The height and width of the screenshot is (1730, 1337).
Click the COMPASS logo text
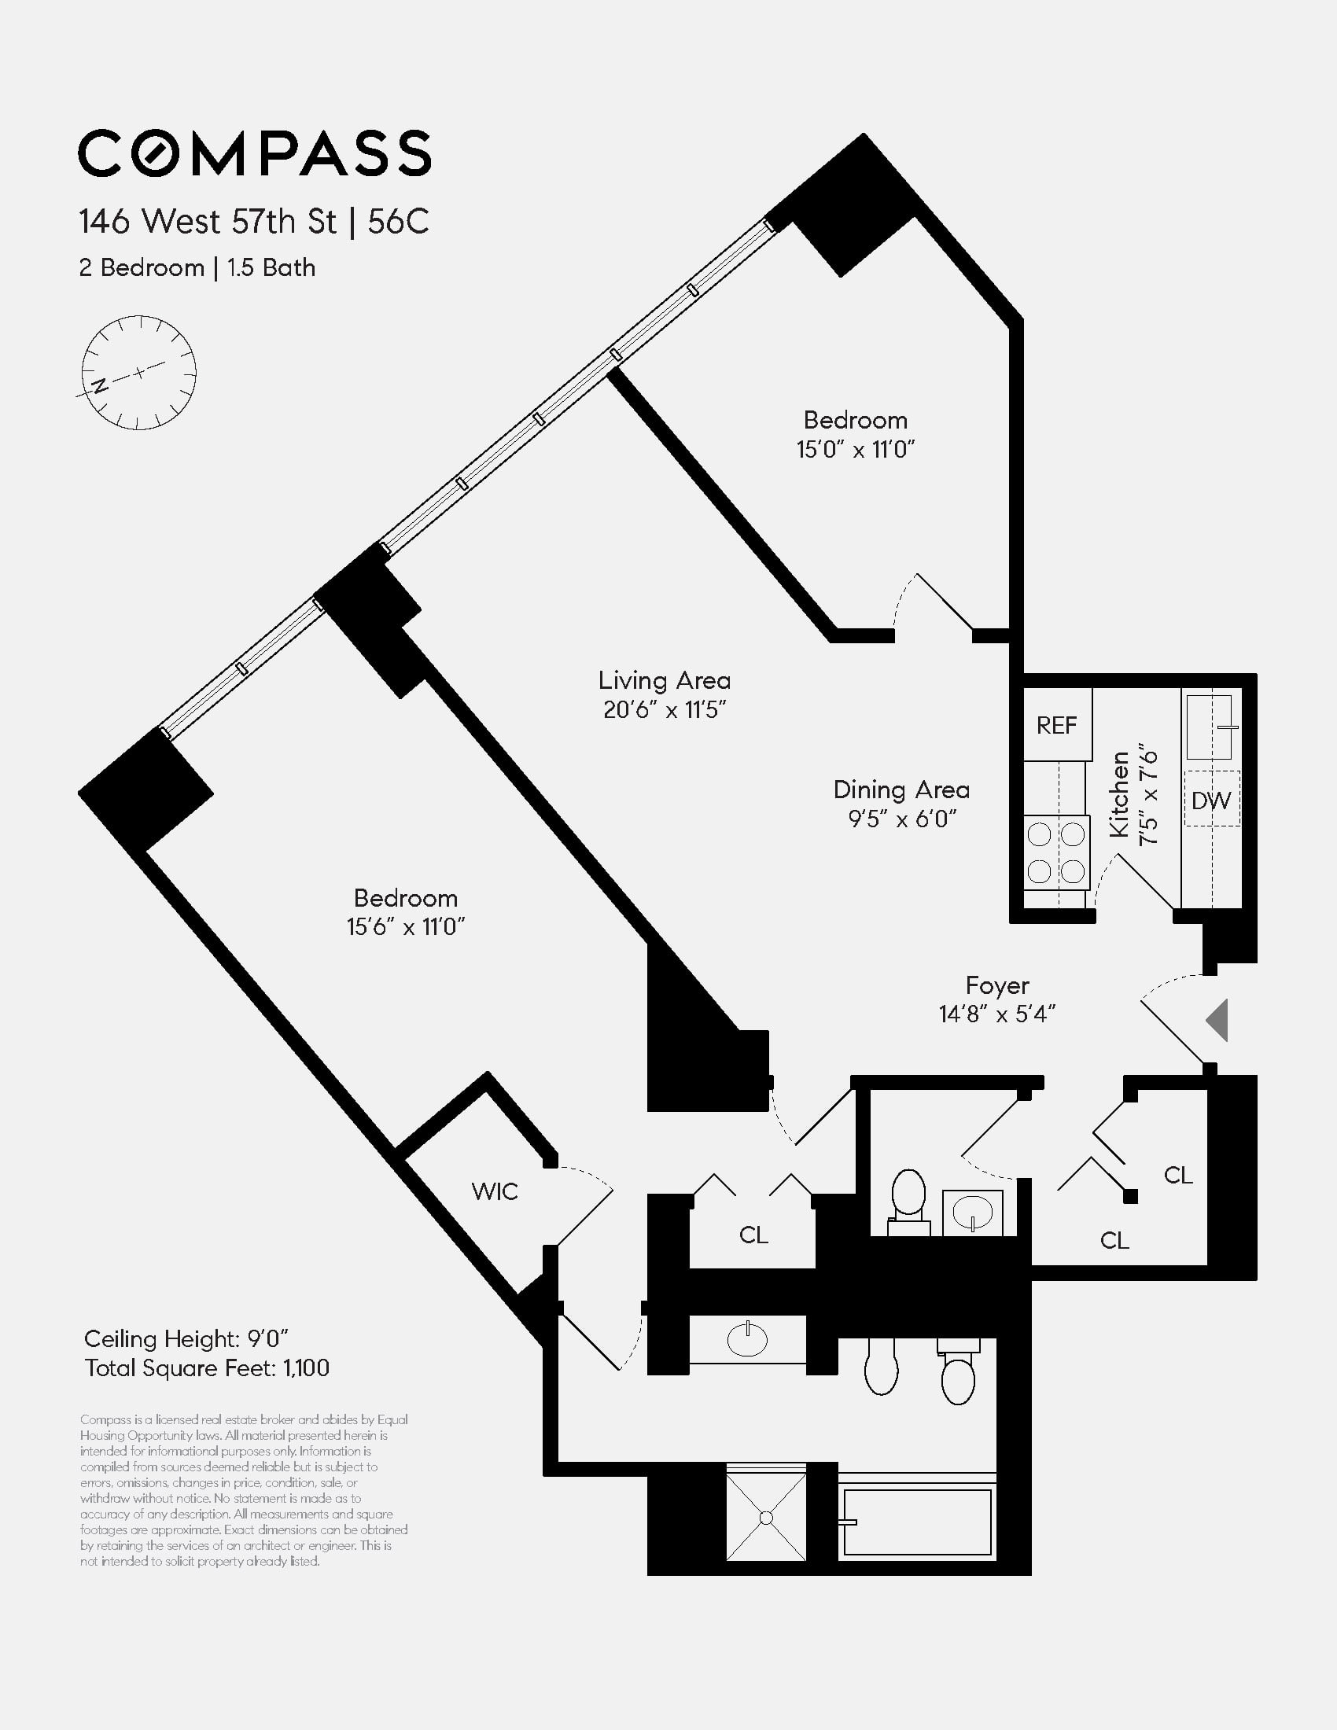[254, 153]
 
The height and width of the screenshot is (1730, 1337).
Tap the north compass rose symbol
[138, 372]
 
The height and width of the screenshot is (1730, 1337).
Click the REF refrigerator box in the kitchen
[1056, 725]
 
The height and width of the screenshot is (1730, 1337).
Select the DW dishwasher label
[1211, 800]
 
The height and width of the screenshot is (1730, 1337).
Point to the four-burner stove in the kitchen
[1055, 852]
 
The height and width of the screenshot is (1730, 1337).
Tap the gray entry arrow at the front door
[1217, 1020]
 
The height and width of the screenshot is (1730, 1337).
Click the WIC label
[494, 1191]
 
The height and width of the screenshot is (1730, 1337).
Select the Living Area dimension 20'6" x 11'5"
[665, 710]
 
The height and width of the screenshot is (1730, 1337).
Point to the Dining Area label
[901, 790]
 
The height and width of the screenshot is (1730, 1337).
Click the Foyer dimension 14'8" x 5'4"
[997, 1014]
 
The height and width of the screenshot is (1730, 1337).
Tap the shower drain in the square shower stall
[766, 1518]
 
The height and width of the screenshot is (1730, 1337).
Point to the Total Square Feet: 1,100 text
[207, 1368]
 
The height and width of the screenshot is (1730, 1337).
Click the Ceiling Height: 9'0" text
[186, 1338]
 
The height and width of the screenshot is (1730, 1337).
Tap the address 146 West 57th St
[208, 222]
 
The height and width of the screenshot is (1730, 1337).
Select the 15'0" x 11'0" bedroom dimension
[856, 450]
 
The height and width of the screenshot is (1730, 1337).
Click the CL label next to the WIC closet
[753, 1235]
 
